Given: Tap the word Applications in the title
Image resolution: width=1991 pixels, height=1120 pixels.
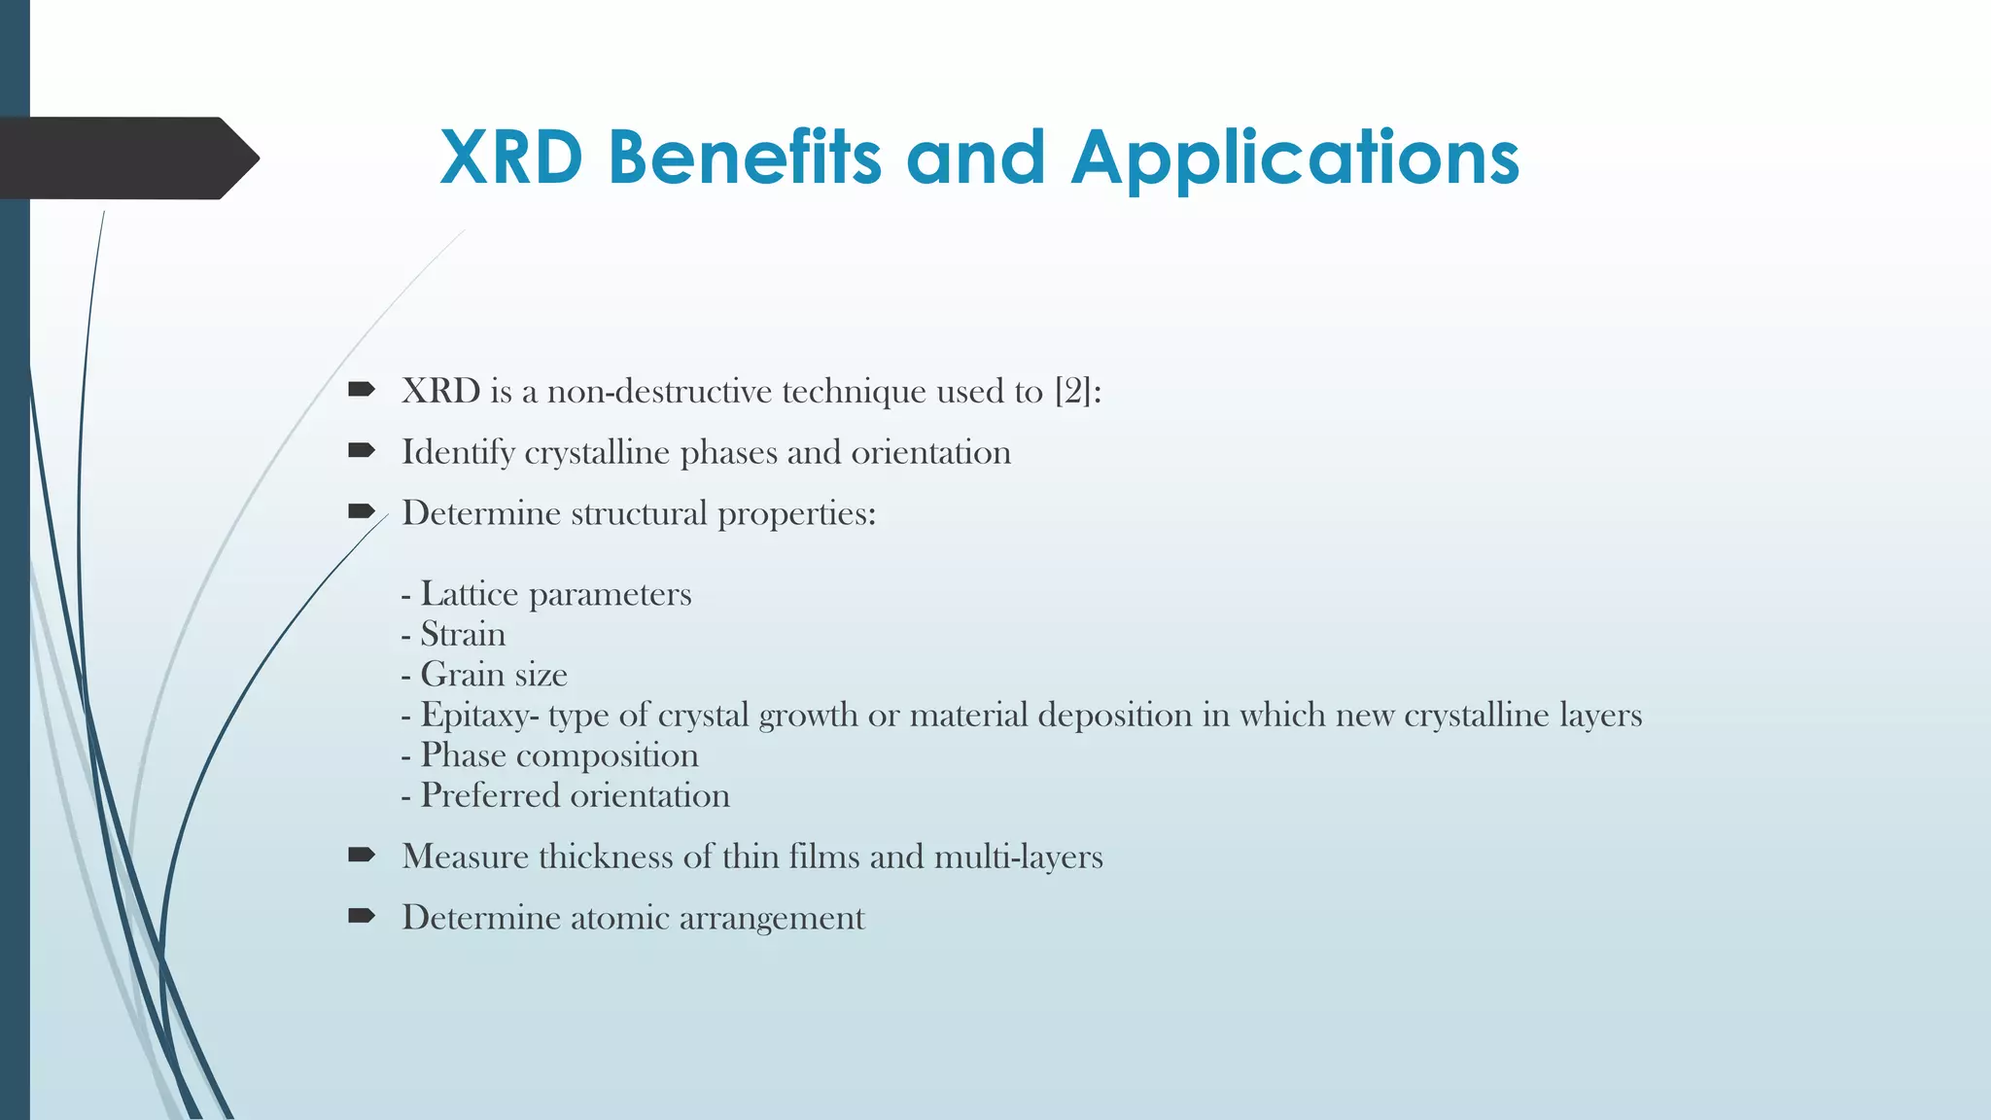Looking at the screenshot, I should [1295, 159].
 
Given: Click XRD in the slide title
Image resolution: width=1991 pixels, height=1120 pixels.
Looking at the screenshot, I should [511, 157].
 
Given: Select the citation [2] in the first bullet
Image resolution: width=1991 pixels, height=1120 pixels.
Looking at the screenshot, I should [1072, 391].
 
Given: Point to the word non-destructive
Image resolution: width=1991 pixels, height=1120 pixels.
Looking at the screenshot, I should [660, 391].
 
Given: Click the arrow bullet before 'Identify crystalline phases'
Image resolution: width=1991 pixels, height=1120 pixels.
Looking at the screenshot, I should [362, 450].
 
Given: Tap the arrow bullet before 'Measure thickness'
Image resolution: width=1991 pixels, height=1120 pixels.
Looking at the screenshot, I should [362, 855].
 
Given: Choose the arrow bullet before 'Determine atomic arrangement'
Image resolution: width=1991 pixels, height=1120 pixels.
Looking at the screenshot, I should [362, 916].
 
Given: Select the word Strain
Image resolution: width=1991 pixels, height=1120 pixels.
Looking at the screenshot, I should [463, 634].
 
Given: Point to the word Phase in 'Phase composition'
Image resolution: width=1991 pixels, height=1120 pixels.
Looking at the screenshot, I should [463, 755].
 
